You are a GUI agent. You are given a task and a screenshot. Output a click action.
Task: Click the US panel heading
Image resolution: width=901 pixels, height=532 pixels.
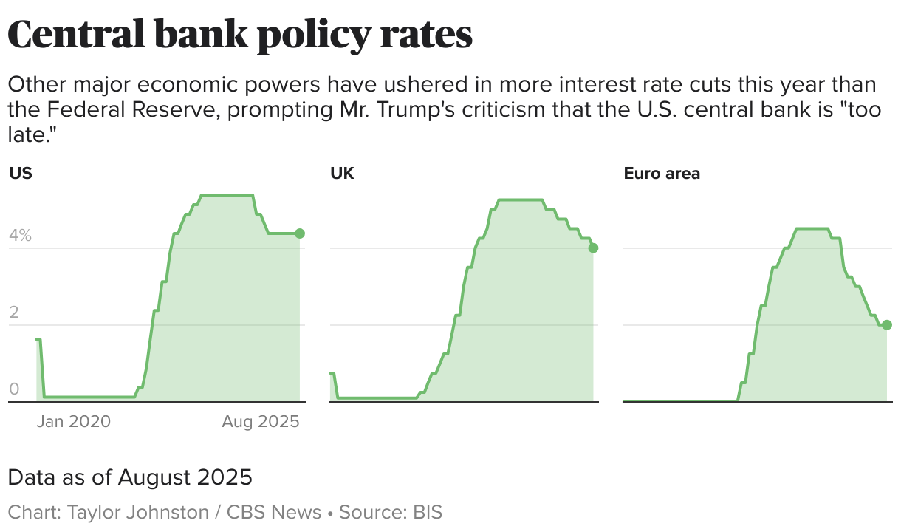(21, 174)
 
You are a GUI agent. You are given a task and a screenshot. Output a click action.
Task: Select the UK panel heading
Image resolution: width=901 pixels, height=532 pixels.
(342, 174)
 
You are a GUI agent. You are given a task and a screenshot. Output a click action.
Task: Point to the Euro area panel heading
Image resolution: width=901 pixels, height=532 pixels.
(662, 174)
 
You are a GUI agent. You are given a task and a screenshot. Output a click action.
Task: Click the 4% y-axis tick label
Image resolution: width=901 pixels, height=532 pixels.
(20, 236)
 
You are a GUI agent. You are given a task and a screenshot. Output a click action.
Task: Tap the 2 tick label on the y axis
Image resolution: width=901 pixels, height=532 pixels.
(13, 313)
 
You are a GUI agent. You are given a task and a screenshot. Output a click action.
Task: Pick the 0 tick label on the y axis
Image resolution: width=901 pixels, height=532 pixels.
(13, 390)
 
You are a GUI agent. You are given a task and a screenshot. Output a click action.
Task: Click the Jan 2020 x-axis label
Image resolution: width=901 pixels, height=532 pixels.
(73, 422)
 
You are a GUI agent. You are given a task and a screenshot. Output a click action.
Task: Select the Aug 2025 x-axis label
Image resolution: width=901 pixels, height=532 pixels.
(261, 422)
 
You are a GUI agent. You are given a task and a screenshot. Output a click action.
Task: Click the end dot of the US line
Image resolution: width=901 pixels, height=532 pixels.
(300, 233)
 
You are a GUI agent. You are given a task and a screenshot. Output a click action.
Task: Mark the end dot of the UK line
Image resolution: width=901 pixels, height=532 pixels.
(593, 248)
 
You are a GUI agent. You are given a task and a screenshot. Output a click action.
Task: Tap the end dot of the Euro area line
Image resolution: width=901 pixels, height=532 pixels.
(887, 325)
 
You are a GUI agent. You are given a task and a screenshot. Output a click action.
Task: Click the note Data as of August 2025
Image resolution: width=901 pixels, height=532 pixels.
(130, 477)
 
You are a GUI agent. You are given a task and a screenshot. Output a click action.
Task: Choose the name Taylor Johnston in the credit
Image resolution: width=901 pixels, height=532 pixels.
(138, 512)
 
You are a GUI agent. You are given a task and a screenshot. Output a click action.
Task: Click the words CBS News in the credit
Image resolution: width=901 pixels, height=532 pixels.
(274, 512)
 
